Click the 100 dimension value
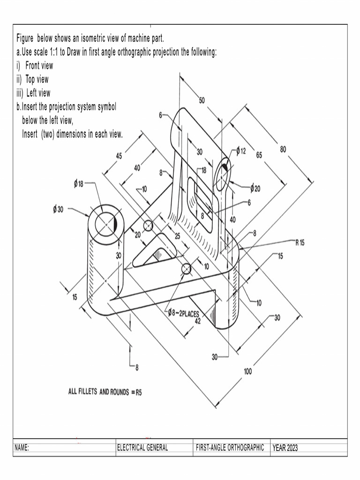247,372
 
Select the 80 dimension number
283,149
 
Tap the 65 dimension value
259,155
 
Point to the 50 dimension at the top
202,100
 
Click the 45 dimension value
119,156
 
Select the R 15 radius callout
300,242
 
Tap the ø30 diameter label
58,210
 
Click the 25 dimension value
177,236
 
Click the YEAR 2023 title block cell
285,448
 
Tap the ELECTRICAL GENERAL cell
142,448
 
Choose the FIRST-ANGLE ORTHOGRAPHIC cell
230,448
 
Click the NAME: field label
22,448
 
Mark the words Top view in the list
37,79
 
